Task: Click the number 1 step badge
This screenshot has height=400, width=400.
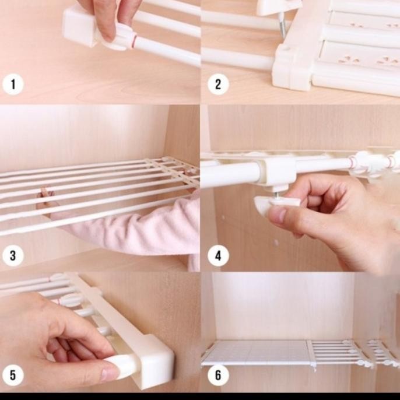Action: [x=13, y=84]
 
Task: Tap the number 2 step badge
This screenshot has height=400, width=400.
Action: [x=217, y=84]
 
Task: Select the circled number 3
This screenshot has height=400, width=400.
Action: [x=13, y=255]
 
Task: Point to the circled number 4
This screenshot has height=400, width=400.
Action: [x=217, y=255]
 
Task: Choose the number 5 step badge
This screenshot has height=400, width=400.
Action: [x=13, y=374]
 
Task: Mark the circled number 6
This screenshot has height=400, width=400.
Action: [x=217, y=374]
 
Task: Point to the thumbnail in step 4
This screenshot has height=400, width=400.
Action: [x=277, y=216]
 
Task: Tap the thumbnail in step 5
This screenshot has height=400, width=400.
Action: [x=111, y=371]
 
